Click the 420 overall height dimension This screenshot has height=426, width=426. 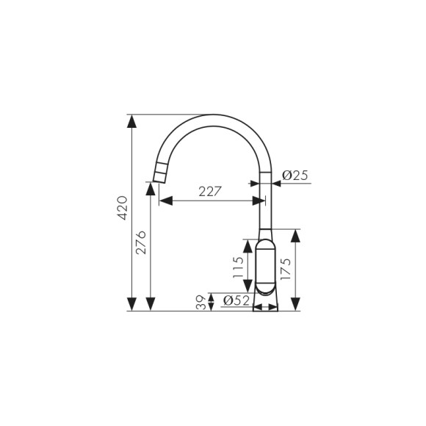pos(123,209)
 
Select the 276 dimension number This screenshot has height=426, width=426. pos(141,242)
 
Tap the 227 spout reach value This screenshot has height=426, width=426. pos(211,192)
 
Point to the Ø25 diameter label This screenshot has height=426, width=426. pos(295,176)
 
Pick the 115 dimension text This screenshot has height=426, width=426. pos(237,269)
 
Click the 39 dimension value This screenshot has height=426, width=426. pos(201,302)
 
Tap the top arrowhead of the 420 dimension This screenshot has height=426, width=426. pos(131,120)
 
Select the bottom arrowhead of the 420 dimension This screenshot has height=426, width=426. pos(131,304)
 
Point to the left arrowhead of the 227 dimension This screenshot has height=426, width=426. pos(165,201)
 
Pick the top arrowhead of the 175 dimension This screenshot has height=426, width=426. pos(295,235)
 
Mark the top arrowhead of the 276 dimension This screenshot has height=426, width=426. pos(151,189)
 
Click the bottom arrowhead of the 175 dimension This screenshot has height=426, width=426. pos(295,304)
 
